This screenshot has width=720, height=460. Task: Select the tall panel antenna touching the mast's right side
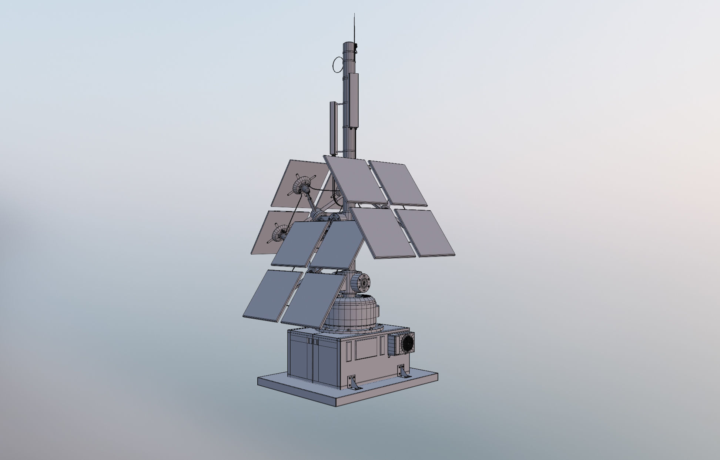coord(354,100)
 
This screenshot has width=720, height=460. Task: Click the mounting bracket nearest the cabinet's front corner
coord(352,382)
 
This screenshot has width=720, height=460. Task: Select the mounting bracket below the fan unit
coord(402,371)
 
